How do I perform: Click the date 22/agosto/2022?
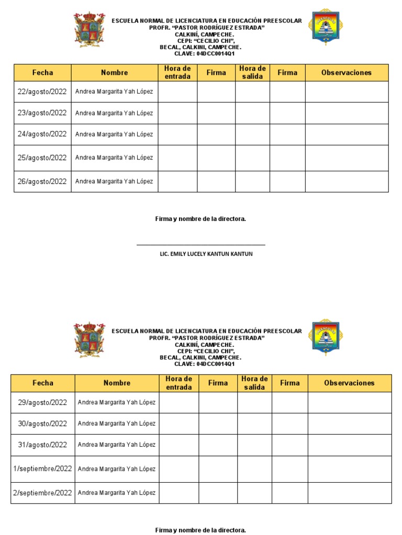tap(42, 91)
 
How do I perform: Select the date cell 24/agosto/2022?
tap(42, 134)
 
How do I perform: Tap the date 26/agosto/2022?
tap(42, 182)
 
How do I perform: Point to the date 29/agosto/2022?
tap(43, 402)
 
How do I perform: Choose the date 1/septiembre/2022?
tap(43, 469)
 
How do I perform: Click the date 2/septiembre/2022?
tap(43, 493)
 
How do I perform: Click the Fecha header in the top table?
tap(42, 73)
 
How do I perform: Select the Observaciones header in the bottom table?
tap(349, 383)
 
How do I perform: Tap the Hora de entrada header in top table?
tap(177, 73)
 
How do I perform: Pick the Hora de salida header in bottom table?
tap(254, 383)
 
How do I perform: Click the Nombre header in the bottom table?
tap(117, 383)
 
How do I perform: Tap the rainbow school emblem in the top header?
tap(326, 27)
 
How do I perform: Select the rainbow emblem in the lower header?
tap(323, 336)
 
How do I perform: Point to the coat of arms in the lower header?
tap(90, 340)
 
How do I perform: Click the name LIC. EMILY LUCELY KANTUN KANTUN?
tap(206, 254)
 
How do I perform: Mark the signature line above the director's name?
tap(200, 245)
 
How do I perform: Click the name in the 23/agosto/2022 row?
tap(114, 113)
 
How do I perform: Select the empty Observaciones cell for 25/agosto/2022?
tap(347, 158)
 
